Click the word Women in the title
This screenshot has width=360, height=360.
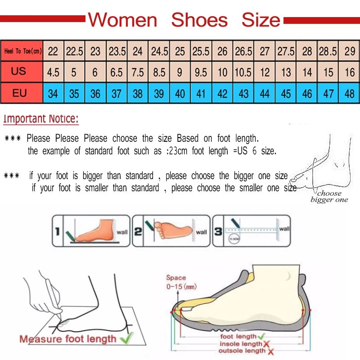[122, 20]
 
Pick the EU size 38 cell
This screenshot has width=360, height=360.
[138, 94]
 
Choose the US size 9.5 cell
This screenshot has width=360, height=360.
[201, 72]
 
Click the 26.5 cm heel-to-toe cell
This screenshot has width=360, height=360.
[243, 51]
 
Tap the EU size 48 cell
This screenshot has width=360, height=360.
[350, 94]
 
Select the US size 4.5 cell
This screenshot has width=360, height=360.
[53, 72]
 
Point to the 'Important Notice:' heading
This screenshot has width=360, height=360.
[41, 119]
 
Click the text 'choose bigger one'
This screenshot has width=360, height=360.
[329, 197]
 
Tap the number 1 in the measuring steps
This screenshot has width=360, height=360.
[57, 232]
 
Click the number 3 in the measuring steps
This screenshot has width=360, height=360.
[217, 232]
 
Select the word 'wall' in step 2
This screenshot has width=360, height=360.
[201, 232]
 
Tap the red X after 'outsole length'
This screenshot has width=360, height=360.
[270, 351]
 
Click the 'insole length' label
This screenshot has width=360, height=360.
[241, 344]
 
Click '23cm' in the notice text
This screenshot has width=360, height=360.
[178, 151]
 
